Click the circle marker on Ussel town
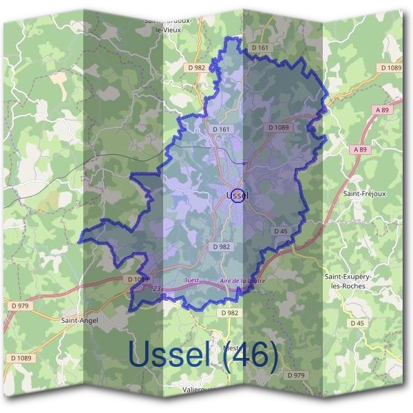[237, 196]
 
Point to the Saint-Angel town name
[79, 320]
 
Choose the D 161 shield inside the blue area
[221, 129]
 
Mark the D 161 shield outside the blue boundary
[260, 47]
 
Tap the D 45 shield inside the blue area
[280, 231]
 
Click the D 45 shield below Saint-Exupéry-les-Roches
[357, 323]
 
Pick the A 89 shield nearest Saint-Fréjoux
[360, 149]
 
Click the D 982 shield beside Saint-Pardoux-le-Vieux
[196, 67]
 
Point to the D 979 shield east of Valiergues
[295, 375]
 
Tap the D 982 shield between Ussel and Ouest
[221, 246]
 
